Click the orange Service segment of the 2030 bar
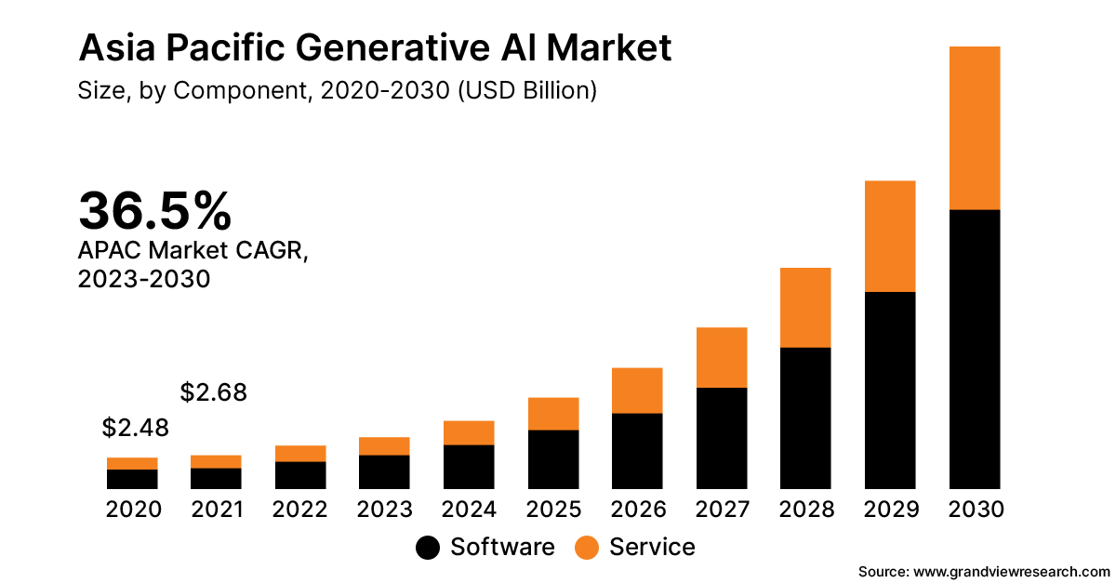974,128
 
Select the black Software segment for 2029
890,390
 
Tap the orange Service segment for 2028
805,308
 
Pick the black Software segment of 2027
722,437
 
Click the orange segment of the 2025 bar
553,414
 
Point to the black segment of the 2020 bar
132,479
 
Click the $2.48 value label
135,429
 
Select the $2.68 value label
214,393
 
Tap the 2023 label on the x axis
384,510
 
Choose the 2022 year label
300,510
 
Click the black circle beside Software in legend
428,548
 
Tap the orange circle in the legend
587,548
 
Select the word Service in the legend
652,547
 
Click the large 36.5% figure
154,211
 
